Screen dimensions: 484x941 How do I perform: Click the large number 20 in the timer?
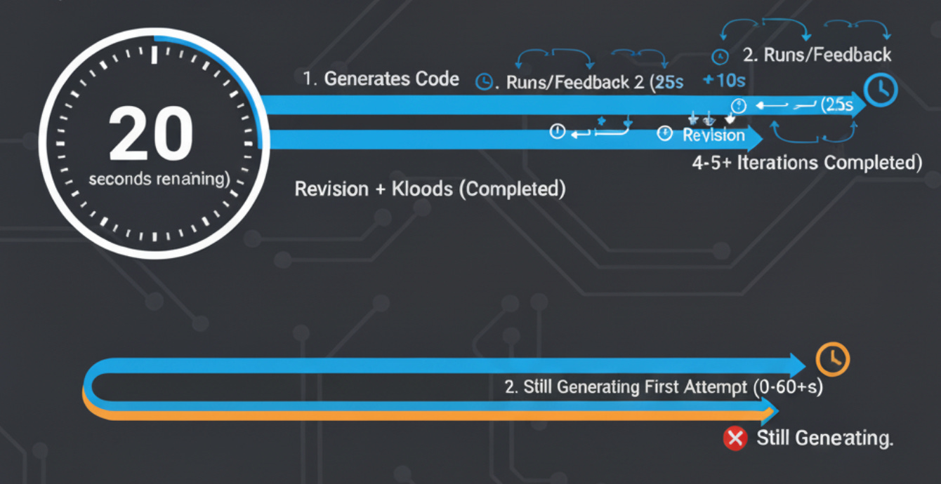150,133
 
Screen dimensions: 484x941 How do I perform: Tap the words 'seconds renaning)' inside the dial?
159,180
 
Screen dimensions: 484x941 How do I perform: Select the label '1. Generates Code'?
381,79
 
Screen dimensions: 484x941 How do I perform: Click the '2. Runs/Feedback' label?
817,55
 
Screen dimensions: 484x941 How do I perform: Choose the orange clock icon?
833,359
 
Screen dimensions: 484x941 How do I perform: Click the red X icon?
735,439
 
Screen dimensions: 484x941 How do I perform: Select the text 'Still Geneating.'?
824,439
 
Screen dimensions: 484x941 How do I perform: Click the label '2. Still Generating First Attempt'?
626,387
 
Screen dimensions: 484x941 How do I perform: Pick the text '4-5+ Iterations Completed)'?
807,163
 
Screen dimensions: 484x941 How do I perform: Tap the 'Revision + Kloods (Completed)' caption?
430,189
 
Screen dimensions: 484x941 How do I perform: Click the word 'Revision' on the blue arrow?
713,135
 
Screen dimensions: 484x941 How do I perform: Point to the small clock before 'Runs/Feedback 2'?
484,82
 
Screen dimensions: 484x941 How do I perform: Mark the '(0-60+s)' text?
787,387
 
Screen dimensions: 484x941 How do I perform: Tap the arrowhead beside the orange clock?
798,364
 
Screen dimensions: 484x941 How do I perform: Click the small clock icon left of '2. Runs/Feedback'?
718,57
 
